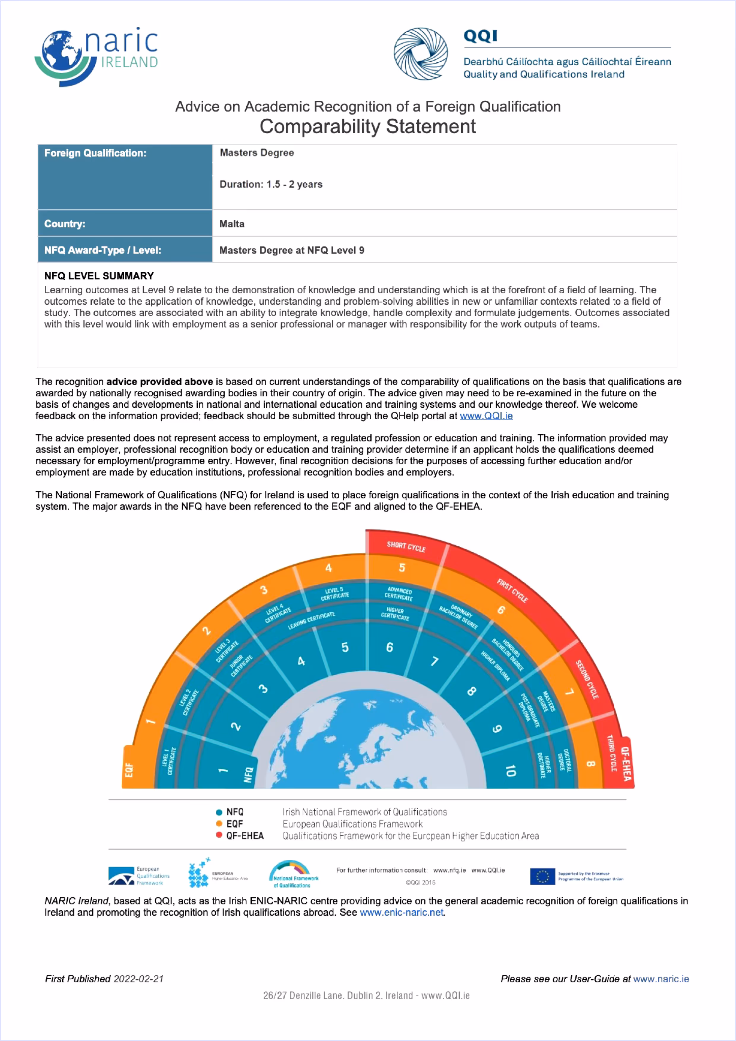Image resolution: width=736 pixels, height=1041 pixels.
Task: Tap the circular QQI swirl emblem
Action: coord(421,54)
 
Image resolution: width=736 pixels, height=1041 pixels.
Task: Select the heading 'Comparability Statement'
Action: coord(367,126)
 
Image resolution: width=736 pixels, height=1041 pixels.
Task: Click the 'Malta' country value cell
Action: coord(232,224)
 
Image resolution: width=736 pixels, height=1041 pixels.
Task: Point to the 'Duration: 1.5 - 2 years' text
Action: coord(271,184)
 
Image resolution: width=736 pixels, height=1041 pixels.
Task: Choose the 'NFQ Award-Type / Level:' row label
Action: coord(102,250)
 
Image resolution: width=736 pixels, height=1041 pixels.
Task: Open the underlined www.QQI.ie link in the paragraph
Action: coord(486,416)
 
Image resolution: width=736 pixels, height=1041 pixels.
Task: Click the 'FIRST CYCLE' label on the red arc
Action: coord(512,590)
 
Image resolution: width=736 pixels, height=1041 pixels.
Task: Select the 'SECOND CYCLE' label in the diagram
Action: coord(587,679)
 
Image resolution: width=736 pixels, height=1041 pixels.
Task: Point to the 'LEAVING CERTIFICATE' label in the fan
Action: coord(311,620)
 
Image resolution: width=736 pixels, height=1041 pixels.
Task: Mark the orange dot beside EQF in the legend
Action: coord(219,823)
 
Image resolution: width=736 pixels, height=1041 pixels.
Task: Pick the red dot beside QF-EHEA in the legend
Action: coord(219,835)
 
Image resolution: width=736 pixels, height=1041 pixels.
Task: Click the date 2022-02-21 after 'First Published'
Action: coord(138,978)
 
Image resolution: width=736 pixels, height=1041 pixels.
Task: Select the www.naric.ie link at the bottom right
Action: coord(661,978)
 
